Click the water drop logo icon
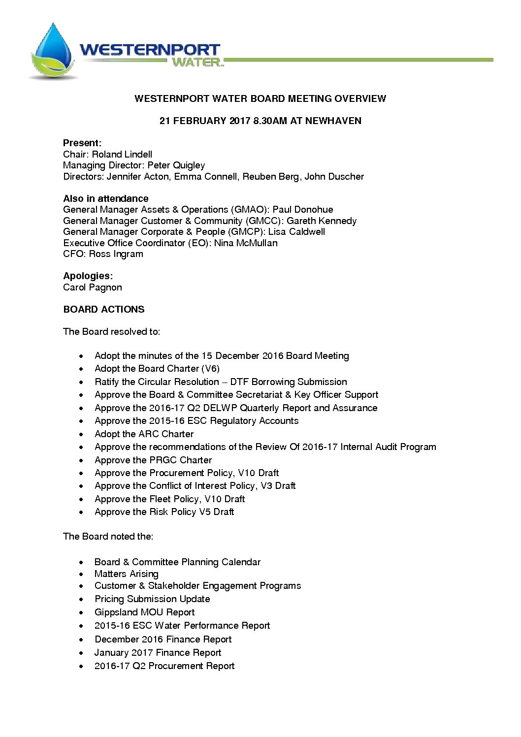pyautogui.click(x=53, y=52)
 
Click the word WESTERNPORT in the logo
pyautogui.click(x=150, y=50)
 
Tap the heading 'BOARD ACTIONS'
pyautogui.click(x=104, y=309)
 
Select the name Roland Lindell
pyautogui.click(x=122, y=154)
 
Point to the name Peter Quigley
pyautogui.click(x=176, y=165)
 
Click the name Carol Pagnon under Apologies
pyautogui.click(x=93, y=288)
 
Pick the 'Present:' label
pyautogui.click(x=82, y=143)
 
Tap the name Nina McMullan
pyautogui.click(x=246, y=243)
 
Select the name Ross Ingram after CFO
pyautogui.click(x=116, y=254)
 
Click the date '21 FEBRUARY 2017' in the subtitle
pyautogui.click(x=205, y=121)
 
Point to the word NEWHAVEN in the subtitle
pyautogui.click(x=333, y=121)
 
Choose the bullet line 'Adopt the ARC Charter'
pyautogui.click(x=144, y=434)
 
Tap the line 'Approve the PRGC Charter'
pyautogui.click(x=153, y=460)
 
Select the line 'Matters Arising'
pyautogui.click(x=127, y=574)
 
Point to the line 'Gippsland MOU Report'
pyautogui.click(x=145, y=612)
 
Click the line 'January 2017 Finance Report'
pyautogui.click(x=158, y=653)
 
